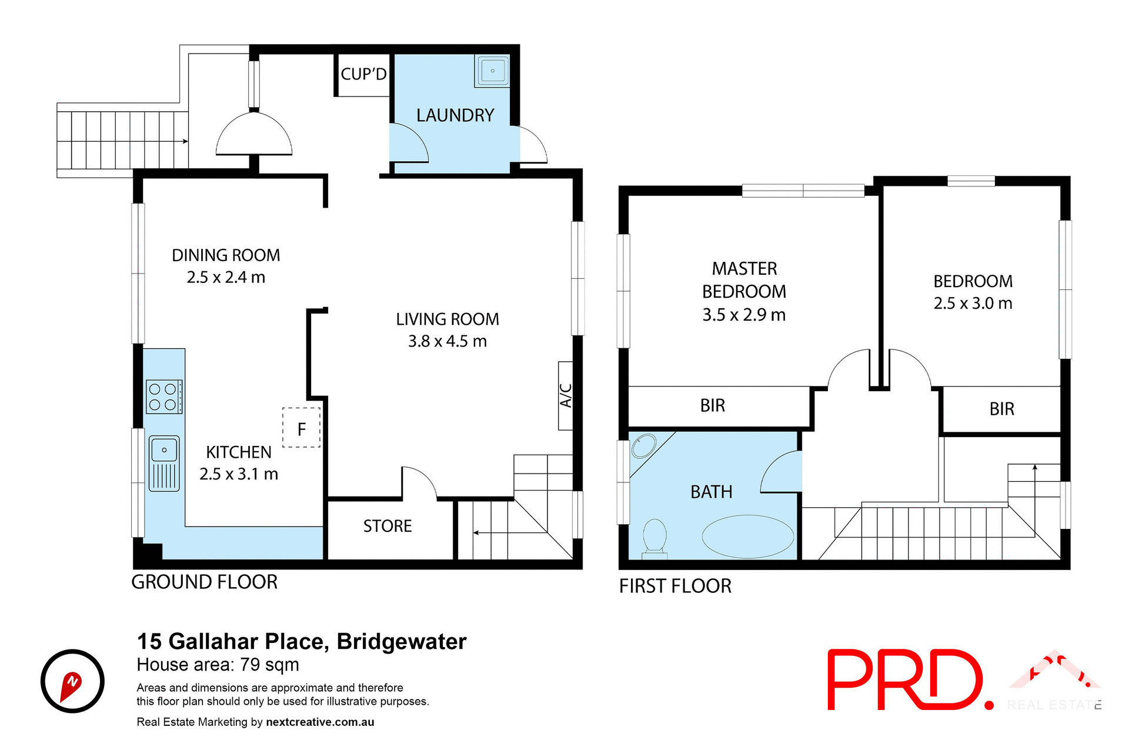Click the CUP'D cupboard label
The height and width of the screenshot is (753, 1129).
click(x=363, y=74)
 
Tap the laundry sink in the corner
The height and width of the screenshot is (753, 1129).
click(x=492, y=71)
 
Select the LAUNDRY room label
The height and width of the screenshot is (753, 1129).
click(x=455, y=115)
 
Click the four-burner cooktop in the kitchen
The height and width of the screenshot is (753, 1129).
click(x=164, y=397)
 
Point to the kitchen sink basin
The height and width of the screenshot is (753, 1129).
click(x=164, y=450)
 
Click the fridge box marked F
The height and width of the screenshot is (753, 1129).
click(x=302, y=428)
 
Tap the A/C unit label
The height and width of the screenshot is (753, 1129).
click(x=566, y=395)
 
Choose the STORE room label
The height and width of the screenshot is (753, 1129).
click(x=388, y=526)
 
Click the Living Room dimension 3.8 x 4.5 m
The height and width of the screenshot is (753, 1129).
click(x=447, y=341)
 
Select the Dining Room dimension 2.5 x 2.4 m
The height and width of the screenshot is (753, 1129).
click(x=226, y=277)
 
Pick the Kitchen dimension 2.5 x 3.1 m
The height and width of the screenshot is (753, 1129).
click(x=239, y=474)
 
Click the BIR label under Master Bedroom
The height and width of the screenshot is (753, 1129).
click(x=713, y=405)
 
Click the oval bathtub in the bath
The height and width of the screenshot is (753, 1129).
click(x=747, y=536)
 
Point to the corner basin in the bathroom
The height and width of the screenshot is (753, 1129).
click(x=644, y=446)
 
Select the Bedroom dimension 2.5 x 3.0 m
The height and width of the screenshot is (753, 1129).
click(x=973, y=304)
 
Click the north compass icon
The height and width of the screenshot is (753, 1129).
click(x=72, y=681)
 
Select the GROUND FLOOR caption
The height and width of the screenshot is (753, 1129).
click(x=204, y=582)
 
